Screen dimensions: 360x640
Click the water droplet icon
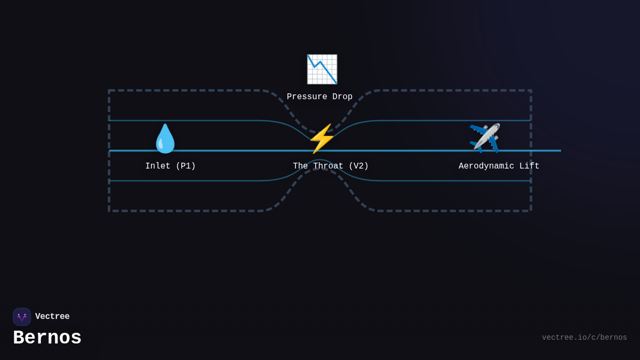click(x=165, y=139)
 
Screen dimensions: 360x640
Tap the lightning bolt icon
click(x=322, y=139)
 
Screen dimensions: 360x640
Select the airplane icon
click(x=485, y=138)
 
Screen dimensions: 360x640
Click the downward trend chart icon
click(x=322, y=69)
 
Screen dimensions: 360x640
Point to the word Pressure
click(x=307, y=97)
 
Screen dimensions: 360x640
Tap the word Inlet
click(x=158, y=166)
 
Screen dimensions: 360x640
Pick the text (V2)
click(x=359, y=166)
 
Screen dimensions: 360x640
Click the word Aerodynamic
click(x=486, y=166)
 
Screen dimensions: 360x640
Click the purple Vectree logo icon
click(x=22, y=317)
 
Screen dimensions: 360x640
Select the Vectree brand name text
click(x=52, y=317)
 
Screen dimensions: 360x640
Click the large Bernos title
click(x=47, y=338)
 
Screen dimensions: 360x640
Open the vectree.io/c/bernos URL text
click(x=585, y=338)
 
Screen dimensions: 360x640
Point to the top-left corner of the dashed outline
click(x=109, y=91)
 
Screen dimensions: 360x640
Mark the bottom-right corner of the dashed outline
click(x=531, y=211)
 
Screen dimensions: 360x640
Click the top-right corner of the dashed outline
click(x=531, y=91)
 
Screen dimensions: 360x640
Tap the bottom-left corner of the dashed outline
click(x=109, y=211)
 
